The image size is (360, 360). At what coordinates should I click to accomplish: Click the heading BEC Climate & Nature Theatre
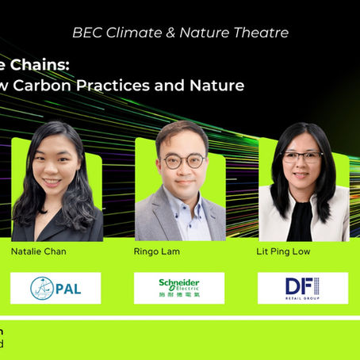click(179, 33)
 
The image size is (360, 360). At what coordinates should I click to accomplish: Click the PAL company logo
click(56, 288)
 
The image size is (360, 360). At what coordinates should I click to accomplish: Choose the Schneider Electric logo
click(178, 288)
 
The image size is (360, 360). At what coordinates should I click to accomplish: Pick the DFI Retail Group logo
click(303, 288)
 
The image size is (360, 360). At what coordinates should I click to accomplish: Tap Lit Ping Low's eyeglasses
click(302, 158)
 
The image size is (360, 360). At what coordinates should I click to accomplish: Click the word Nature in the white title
click(216, 86)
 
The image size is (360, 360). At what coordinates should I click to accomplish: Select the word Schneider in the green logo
click(179, 282)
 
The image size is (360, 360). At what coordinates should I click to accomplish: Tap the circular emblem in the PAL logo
click(42, 288)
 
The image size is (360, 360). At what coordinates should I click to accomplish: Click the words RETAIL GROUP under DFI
click(303, 298)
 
